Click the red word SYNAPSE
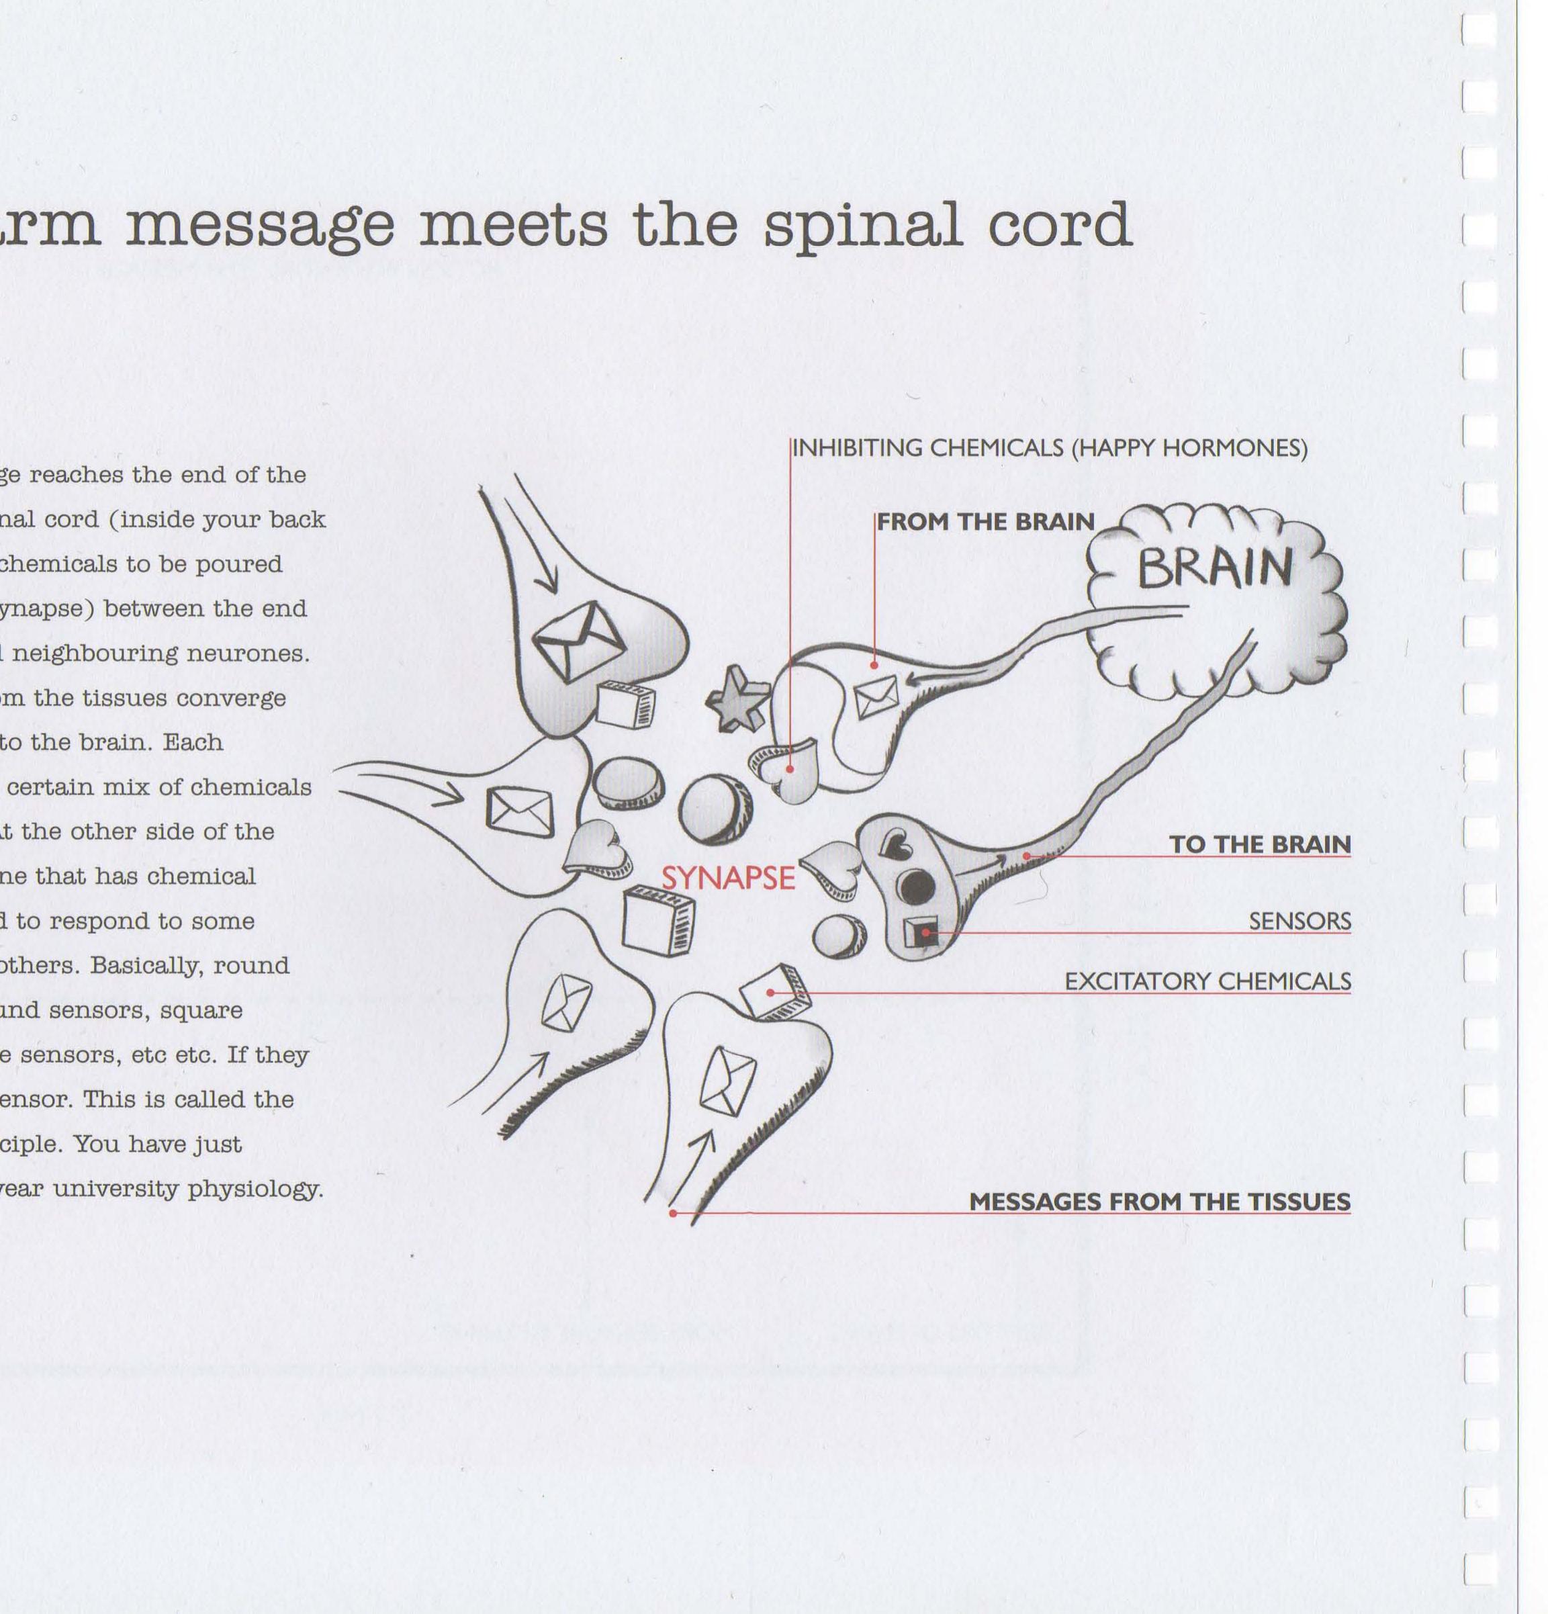point(728,879)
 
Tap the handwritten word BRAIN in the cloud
point(1214,568)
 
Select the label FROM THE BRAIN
point(985,522)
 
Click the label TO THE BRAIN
point(1260,844)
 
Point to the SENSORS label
point(1300,921)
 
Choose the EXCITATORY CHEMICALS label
point(1207,981)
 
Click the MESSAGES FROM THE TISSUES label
point(1159,1202)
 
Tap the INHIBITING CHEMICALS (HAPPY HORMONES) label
point(1049,449)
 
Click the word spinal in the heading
point(863,226)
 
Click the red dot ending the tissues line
point(673,1213)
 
